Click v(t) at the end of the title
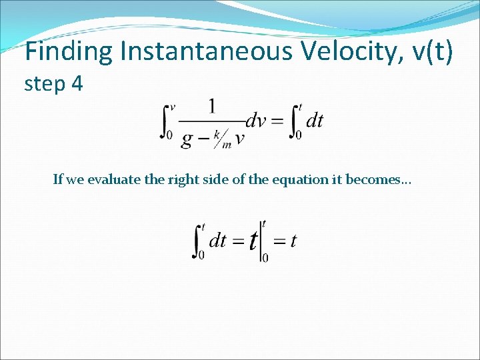pos(430,52)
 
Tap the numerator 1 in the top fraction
pos(212,107)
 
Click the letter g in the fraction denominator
pos(187,138)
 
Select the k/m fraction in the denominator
pos(222,139)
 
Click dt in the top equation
pos(314,121)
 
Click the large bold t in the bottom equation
pos(253,241)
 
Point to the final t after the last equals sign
pos(293,241)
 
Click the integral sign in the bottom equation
pos(198,241)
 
